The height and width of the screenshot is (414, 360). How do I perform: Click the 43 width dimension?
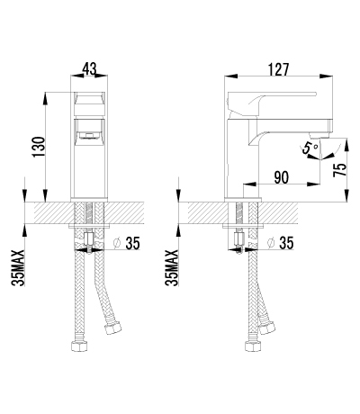pos(89,69)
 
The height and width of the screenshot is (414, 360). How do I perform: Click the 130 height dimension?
pos(39,147)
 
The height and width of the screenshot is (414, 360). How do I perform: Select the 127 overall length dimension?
pos(278,69)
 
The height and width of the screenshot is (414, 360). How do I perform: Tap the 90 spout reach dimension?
pos(282,177)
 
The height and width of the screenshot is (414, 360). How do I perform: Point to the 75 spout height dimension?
pos(340,170)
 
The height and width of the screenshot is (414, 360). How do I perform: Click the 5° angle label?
pos(310,148)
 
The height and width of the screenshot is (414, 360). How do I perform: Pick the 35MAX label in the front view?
pos(19,267)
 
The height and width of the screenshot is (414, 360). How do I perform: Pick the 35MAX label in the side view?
pos(172,267)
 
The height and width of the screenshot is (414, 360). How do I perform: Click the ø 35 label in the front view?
pos(127,243)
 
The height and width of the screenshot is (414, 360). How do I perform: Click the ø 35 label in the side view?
pos(281,243)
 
